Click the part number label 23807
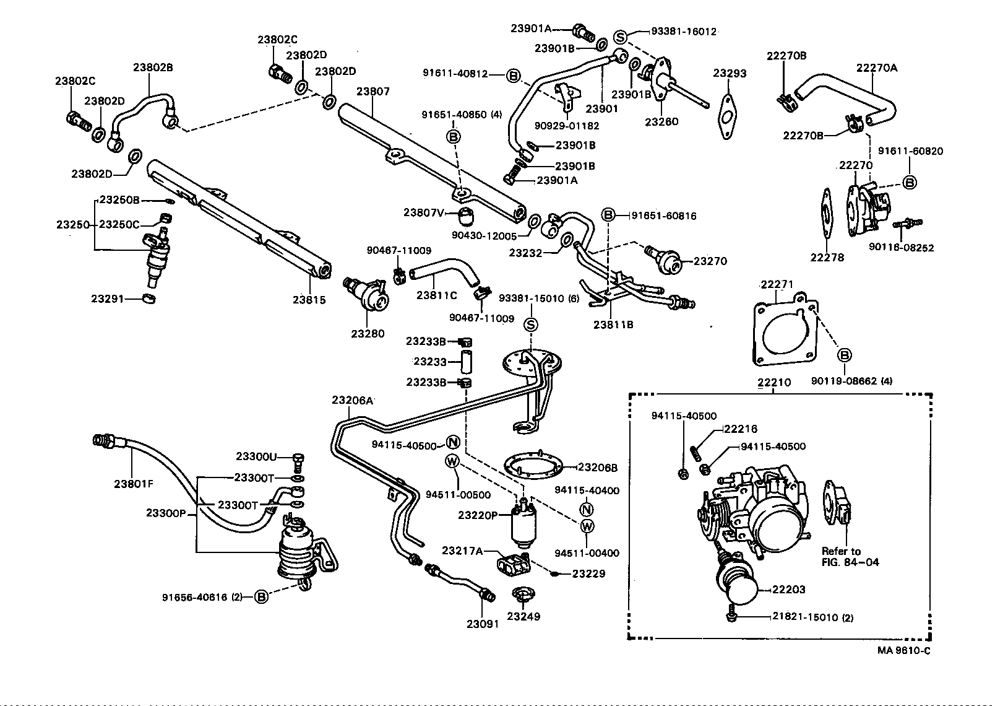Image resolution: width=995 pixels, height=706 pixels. click(x=373, y=92)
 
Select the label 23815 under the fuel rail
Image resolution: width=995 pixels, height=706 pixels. click(x=309, y=300)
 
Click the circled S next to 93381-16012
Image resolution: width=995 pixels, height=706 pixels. click(x=621, y=37)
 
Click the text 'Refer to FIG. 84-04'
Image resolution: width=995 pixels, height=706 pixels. click(x=850, y=556)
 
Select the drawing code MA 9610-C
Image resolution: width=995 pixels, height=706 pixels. click(x=903, y=650)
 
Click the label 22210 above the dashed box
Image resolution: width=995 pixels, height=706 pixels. click(x=774, y=382)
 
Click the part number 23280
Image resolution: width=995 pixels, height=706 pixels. click(x=368, y=333)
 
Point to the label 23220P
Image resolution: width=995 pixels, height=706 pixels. click(x=478, y=515)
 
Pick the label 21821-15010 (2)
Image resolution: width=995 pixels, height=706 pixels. click(x=812, y=617)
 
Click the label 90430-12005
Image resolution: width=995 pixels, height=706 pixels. click(x=483, y=235)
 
